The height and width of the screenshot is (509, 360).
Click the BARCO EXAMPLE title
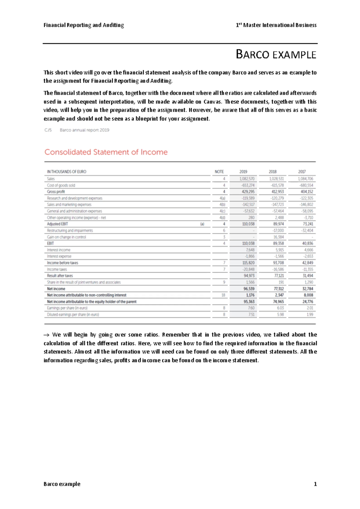point(276,55)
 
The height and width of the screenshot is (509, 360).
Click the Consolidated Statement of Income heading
point(106,152)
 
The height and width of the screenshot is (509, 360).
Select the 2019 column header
point(243,172)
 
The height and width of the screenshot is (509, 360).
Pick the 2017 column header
point(302,172)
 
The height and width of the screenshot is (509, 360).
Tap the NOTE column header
point(219,172)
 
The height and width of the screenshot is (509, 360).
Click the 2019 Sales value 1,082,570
point(247,179)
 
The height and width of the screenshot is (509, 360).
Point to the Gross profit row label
point(56,192)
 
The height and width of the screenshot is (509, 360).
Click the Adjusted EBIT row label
point(58,224)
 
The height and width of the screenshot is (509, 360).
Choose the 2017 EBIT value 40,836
point(307,243)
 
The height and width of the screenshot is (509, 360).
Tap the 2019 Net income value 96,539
point(249,289)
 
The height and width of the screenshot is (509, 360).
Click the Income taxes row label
point(57,269)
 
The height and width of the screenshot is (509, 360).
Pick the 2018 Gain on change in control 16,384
point(278,237)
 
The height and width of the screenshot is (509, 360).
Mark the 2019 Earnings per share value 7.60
point(251,308)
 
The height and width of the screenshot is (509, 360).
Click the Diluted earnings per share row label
point(73,314)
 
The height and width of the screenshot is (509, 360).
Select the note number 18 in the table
point(223,295)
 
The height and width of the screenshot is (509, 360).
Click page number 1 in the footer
point(315,484)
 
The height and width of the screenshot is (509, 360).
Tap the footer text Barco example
point(62,484)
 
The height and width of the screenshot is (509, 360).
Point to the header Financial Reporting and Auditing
point(84,25)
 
